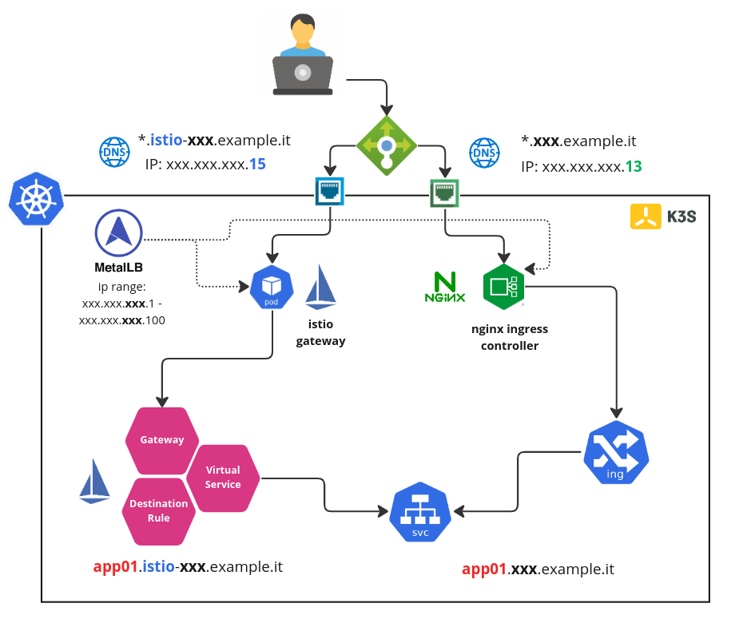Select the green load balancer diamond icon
click(387, 145)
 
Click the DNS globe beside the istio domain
click(113, 152)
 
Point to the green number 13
click(634, 167)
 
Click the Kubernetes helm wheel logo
click(35, 200)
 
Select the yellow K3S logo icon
click(646, 216)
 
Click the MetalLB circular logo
click(118, 232)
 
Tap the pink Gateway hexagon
click(161, 439)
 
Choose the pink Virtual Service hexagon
click(223, 478)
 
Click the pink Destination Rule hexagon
click(158, 510)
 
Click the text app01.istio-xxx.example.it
click(188, 567)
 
